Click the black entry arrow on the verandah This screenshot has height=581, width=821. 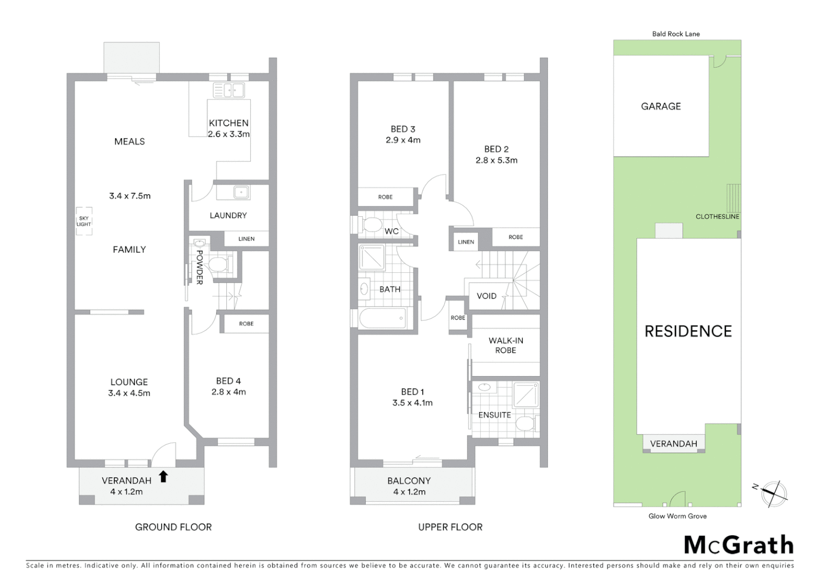tap(163, 477)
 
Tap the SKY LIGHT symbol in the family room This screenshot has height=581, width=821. tap(84, 221)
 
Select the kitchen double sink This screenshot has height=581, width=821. tap(229, 90)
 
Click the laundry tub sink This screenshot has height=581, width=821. tap(241, 192)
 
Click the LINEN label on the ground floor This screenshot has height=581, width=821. tap(246, 239)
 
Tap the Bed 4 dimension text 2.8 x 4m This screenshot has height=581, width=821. tap(228, 392)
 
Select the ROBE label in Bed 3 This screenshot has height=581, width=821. tap(385, 197)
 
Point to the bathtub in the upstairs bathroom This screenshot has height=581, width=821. tap(383, 318)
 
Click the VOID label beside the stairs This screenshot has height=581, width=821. tap(486, 296)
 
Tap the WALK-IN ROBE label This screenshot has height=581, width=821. tap(506, 345)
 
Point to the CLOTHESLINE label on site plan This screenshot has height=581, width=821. tap(717, 217)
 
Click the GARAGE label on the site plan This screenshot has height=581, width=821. tap(660, 107)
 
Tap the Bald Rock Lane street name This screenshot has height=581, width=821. tap(676, 34)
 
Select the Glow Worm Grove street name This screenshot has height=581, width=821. tap(678, 516)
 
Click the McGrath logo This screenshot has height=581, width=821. tap(738, 545)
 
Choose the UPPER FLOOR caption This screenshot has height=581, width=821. tap(450, 527)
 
